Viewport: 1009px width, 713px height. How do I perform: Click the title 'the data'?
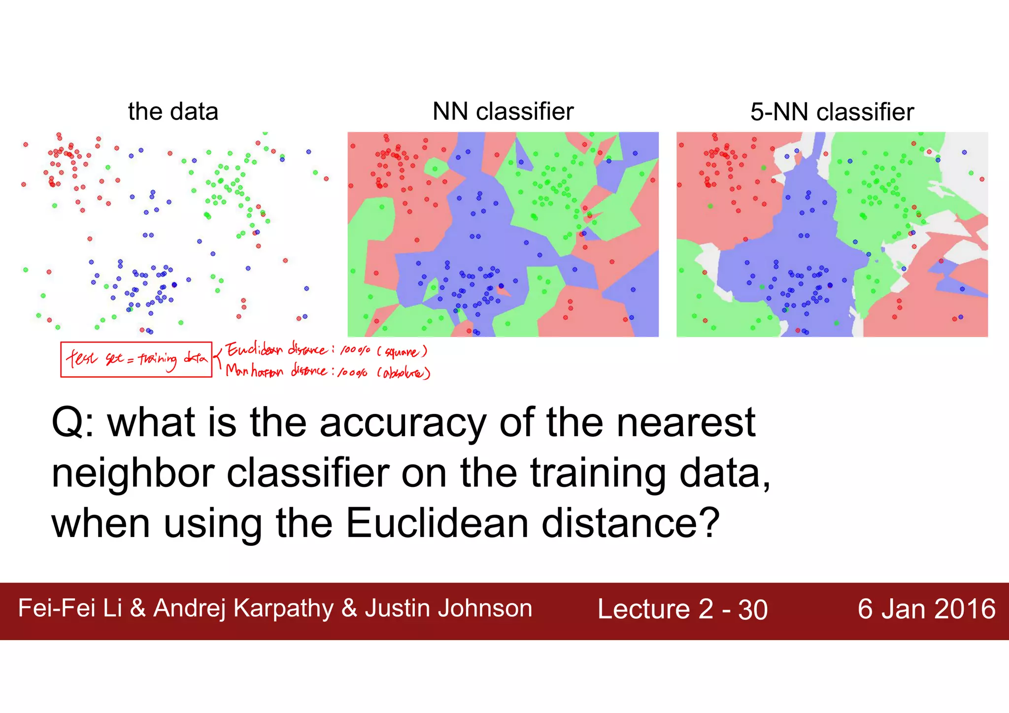[173, 111]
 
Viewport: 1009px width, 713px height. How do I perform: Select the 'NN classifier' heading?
[503, 111]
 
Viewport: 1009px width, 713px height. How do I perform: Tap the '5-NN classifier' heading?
[832, 112]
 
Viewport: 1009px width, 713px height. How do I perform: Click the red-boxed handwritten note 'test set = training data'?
[136, 359]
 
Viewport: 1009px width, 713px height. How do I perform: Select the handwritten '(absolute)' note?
[404, 373]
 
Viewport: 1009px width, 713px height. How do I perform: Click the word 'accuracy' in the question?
[403, 423]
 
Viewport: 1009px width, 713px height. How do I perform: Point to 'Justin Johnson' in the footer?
[448, 608]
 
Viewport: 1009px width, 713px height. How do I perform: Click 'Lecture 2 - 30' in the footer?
[682, 610]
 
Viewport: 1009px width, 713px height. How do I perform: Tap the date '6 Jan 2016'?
[926, 609]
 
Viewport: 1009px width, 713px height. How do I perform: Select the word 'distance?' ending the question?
[631, 523]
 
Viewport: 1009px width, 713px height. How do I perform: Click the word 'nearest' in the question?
[686, 423]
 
